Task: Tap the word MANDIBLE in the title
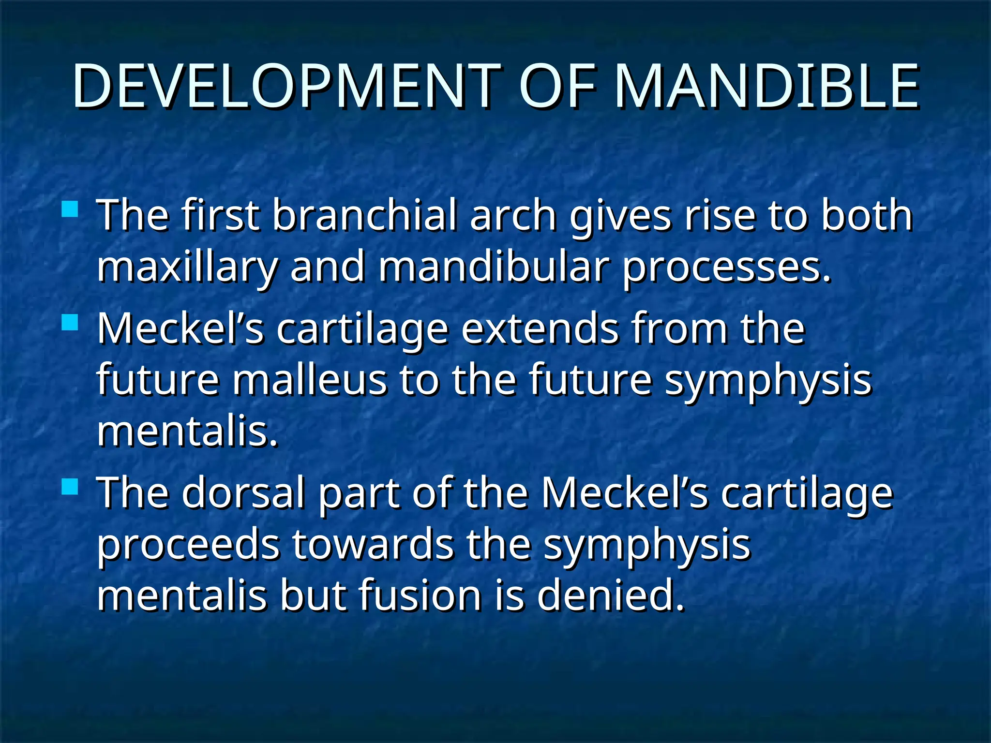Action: pyautogui.click(x=766, y=86)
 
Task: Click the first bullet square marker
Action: pyautogui.click(x=71, y=209)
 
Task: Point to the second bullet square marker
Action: pyautogui.click(x=71, y=322)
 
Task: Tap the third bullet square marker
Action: pyautogui.click(x=71, y=486)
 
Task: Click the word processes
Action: pyautogui.click(x=726, y=267)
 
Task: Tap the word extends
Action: pyautogui.click(x=540, y=329)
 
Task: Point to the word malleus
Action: pyautogui.click(x=310, y=380)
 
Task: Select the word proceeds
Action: pyautogui.click(x=188, y=546)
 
